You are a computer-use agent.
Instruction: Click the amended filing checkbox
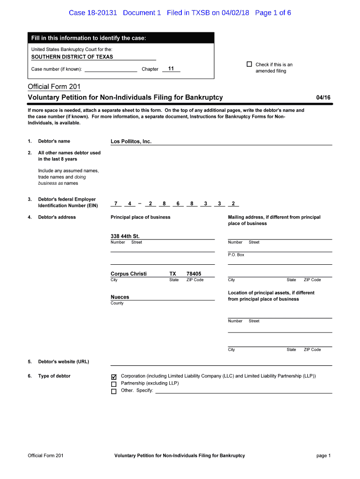click(249, 65)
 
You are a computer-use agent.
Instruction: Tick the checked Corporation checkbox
click(114, 377)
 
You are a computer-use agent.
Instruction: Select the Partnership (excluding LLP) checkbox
click(114, 384)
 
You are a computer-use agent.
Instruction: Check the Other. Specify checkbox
click(114, 392)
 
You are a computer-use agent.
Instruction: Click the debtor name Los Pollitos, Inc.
click(131, 141)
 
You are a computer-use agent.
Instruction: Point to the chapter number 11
click(171, 69)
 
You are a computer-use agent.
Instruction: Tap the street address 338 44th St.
click(125, 236)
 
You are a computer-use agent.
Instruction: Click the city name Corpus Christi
click(129, 274)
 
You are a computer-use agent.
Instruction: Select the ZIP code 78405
click(194, 274)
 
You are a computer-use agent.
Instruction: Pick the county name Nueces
click(120, 297)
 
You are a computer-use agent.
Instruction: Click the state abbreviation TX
click(173, 274)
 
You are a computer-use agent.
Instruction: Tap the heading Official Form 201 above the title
click(54, 87)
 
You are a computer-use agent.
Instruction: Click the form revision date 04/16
click(323, 97)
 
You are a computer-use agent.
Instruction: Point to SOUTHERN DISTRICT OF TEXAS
click(72, 57)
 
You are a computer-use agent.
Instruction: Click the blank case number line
click(111, 70)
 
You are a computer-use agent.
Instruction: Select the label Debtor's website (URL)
click(64, 362)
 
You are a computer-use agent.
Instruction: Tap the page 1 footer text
click(324, 456)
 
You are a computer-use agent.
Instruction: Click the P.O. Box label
click(236, 255)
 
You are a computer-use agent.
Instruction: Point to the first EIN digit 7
click(115, 203)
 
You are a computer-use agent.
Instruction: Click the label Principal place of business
click(140, 217)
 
